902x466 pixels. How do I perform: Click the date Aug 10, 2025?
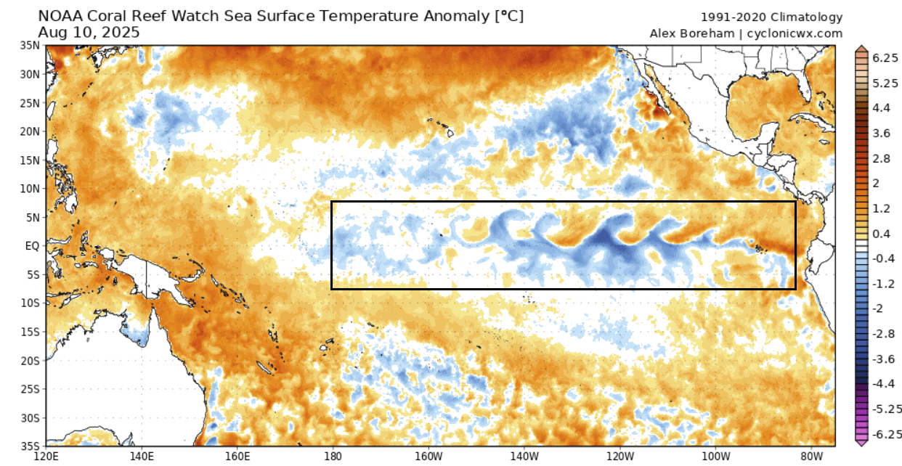(x=89, y=33)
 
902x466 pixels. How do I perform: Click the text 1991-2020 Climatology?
(x=771, y=17)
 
